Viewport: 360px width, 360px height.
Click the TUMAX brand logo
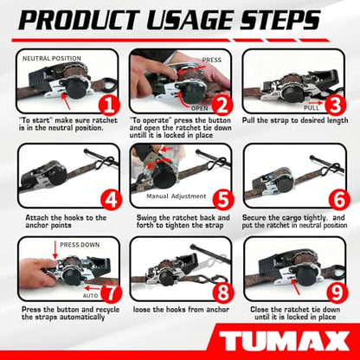coord(284,341)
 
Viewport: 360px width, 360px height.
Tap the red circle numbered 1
coord(109,106)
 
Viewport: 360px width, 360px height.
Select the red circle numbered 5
coord(223,199)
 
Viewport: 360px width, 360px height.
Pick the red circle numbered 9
coord(337,292)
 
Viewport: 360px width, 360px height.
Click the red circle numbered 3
coord(336,106)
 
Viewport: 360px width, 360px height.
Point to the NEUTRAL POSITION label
coord(52,58)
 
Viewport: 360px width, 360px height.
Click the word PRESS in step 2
coord(212,60)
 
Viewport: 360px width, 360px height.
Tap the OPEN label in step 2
coord(200,108)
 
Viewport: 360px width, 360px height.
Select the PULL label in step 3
coord(312,108)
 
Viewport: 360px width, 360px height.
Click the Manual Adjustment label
coord(177,196)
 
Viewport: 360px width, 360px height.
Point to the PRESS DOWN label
coord(80,245)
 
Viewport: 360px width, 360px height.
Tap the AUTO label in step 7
coord(91,296)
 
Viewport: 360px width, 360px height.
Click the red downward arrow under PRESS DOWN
coord(55,250)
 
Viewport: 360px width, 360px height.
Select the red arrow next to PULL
coord(315,102)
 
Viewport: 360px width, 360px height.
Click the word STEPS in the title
coord(280,20)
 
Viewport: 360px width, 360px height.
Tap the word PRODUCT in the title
coord(79,20)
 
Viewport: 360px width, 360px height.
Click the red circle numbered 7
coord(111,292)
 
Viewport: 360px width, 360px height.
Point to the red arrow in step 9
coord(295,286)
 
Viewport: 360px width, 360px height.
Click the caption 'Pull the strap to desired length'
coord(295,120)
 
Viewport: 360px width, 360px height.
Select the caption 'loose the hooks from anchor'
coord(181,310)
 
